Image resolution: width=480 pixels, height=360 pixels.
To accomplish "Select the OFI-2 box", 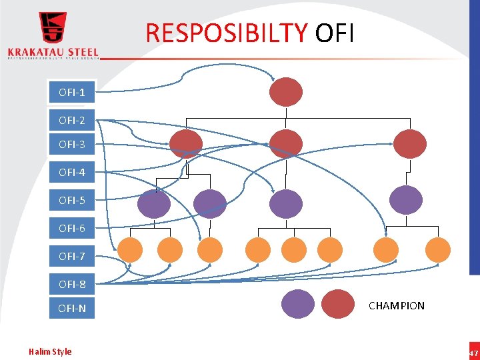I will point(71,121).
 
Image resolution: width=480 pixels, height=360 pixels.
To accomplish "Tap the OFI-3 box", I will point(71,144).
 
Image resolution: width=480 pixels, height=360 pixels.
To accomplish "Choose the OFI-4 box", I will point(71,172).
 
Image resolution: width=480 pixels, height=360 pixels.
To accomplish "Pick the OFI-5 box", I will point(71,200).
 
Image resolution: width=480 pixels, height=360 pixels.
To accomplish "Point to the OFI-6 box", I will point(71,228).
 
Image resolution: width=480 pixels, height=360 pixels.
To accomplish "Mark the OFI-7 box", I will point(71,256).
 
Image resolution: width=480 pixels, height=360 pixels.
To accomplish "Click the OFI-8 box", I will point(71,284).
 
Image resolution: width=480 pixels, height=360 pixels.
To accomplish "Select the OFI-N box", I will point(71,308).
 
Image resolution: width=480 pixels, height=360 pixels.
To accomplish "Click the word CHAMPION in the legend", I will point(396,306).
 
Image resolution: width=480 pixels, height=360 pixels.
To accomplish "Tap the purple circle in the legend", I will point(297,305).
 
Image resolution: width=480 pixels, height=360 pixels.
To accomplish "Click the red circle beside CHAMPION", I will point(339,305).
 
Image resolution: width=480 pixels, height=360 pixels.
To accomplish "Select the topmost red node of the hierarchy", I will point(286,92).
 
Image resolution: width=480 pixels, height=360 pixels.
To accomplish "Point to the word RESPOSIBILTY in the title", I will point(227,32).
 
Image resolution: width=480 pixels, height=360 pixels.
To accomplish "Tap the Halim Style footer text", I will point(50,351).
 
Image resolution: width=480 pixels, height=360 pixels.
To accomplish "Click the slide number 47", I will point(473,353).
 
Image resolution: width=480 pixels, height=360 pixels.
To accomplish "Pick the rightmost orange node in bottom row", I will point(437,250).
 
